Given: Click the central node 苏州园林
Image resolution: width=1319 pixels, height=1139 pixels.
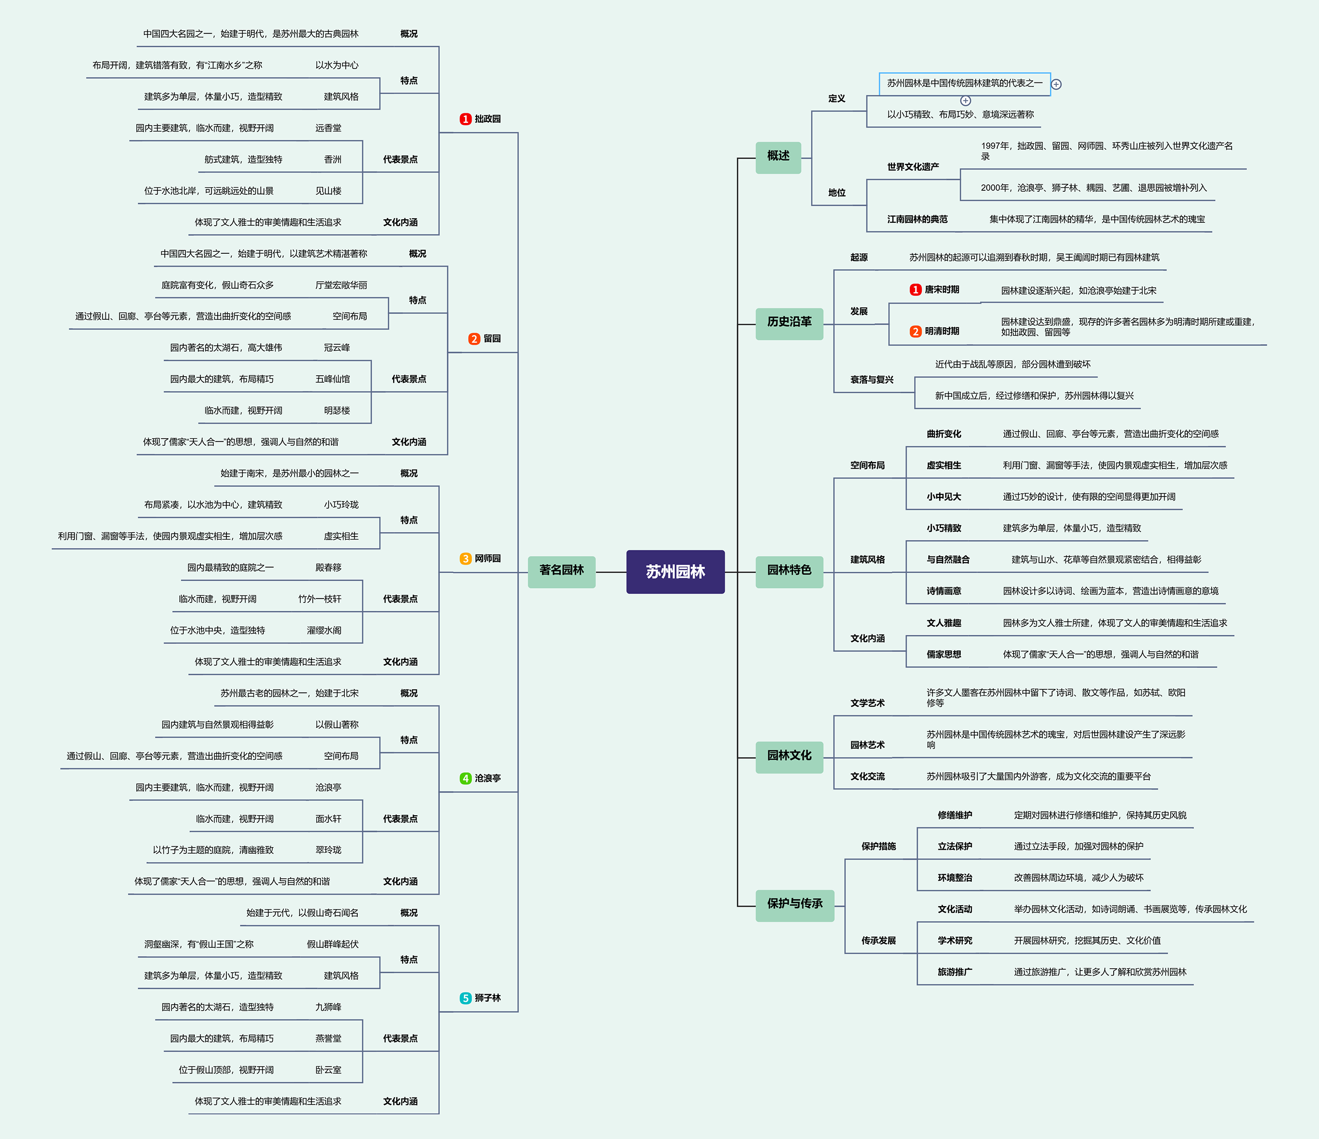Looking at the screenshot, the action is coord(675,571).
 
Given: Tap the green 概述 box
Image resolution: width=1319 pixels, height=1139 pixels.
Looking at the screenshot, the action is coord(778,157).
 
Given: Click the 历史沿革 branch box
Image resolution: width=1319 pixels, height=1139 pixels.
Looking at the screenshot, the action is coord(789,323).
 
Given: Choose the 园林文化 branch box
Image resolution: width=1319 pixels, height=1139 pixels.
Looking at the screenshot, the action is coord(789,757).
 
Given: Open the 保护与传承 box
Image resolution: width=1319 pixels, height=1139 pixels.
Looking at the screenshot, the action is coord(794,905).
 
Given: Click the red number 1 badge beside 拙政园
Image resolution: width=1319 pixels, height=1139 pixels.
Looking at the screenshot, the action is coord(465,119).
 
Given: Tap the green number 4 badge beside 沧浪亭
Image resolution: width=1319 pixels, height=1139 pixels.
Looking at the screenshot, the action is coord(465,778).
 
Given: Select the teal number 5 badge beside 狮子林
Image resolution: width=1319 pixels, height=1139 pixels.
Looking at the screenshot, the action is coord(465,998).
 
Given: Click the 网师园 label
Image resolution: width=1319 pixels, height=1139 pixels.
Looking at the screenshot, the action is coord(488,559).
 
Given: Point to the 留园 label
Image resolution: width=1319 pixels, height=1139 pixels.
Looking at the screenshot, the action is coord(492,339).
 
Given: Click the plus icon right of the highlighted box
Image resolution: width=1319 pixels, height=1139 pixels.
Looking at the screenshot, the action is coord(1056,84).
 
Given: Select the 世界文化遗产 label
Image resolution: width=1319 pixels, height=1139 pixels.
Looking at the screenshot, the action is coord(913,167).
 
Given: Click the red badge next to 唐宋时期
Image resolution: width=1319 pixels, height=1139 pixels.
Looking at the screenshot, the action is coord(915,290).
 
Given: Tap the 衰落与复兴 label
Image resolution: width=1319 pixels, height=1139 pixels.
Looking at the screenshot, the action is coord(872,380).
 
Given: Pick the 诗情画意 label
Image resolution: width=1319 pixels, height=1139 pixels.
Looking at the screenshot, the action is coord(944,591).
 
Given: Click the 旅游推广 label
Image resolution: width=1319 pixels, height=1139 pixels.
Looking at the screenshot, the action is coord(955,972).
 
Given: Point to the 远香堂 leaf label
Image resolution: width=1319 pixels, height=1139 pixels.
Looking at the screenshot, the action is coord(328,128).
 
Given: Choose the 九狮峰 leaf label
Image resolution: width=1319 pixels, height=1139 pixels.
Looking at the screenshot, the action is coord(328,1007).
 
